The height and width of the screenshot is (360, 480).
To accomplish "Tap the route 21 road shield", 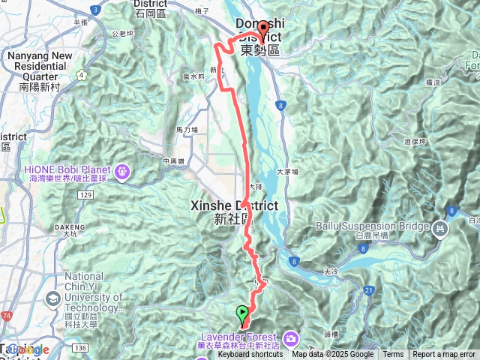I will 368,289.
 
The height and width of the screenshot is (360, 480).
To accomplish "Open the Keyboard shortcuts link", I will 250,355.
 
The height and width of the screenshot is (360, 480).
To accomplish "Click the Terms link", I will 393,355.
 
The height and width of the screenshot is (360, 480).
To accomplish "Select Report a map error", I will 445,355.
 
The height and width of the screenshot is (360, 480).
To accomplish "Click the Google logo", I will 27,349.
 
